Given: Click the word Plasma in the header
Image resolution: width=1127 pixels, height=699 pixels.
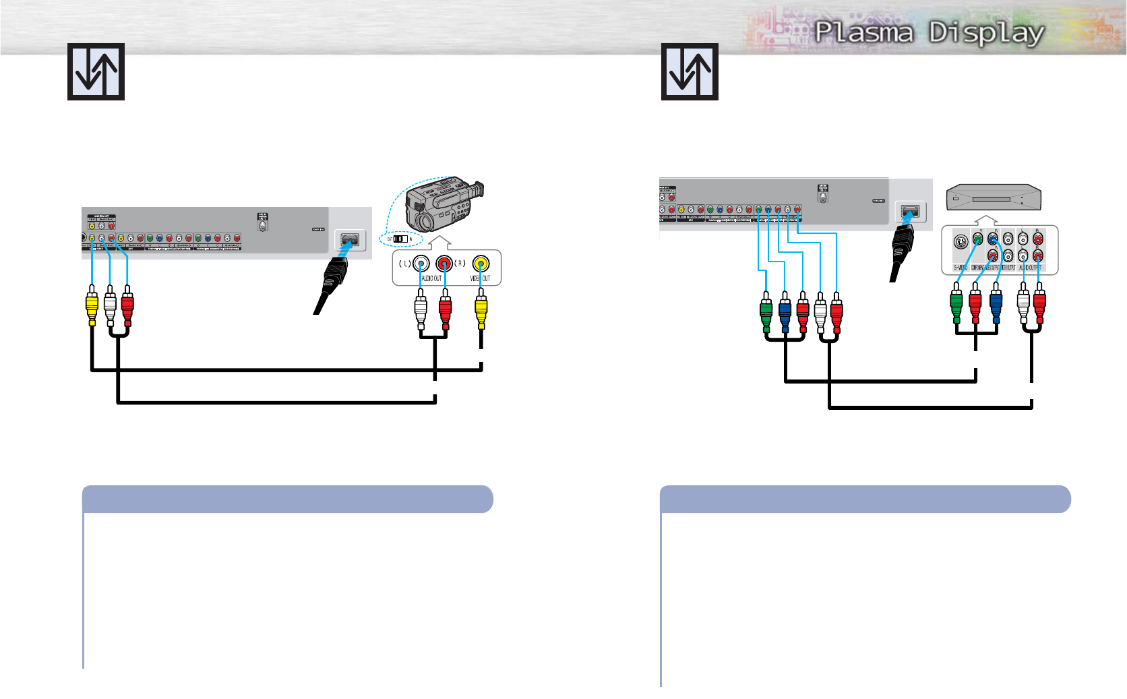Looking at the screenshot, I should coord(864,32).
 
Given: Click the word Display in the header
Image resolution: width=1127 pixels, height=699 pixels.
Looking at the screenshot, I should coord(987,33).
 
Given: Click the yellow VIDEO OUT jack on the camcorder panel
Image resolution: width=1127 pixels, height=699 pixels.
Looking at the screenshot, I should coord(481,263).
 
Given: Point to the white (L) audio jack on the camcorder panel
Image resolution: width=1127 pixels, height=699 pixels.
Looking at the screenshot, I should coord(421,263).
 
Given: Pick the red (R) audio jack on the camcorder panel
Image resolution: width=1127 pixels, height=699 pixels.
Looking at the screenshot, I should coord(444,263).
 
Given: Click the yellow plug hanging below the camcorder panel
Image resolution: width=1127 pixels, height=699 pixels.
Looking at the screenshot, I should coord(481,309).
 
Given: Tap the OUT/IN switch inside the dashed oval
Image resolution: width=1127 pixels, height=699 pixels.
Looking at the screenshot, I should coord(400,239).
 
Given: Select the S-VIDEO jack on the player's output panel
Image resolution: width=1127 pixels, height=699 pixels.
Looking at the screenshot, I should coord(961,243).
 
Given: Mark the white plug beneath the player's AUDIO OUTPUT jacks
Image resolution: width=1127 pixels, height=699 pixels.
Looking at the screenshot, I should coord(1023,307).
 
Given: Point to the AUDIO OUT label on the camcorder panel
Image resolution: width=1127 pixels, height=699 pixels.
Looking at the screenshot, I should coord(431,278).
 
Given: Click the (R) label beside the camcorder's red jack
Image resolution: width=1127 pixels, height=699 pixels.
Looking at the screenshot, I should coord(460,263).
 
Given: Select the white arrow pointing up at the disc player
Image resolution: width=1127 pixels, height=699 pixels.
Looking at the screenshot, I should coord(986,220).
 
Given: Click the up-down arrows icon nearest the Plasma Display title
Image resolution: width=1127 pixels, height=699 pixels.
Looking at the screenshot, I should coord(690,71).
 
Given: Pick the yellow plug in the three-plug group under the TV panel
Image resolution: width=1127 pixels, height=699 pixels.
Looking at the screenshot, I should coord(92,307).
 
